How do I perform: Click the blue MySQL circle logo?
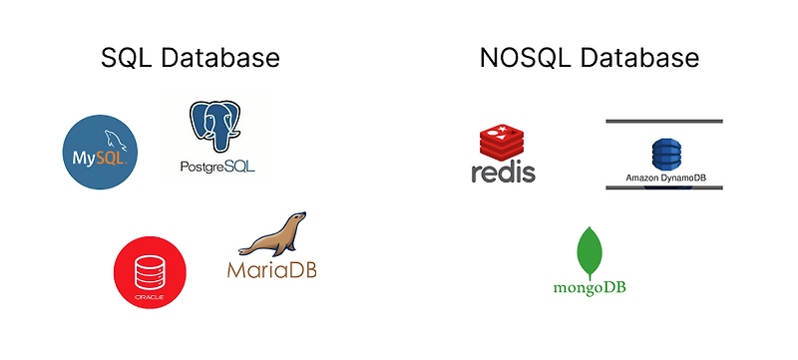pyautogui.click(x=99, y=152)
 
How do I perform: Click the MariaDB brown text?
pyautogui.click(x=271, y=268)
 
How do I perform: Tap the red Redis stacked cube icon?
pyautogui.click(x=503, y=141)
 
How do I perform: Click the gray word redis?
pyautogui.click(x=503, y=172)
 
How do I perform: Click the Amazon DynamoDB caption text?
pyautogui.click(x=664, y=179)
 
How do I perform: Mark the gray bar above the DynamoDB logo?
pyautogui.click(x=664, y=122)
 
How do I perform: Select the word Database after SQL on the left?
pyautogui.click(x=217, y=59)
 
